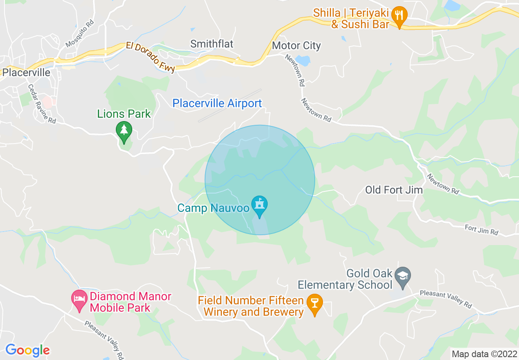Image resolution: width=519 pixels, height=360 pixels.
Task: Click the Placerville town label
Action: [26, 73]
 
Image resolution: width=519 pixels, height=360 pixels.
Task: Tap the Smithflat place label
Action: [212, 44]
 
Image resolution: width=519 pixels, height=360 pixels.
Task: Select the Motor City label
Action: [296, 45]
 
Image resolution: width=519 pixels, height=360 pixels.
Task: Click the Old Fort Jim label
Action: [394, 190]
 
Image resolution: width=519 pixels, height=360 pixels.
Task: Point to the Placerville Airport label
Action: [217, 103]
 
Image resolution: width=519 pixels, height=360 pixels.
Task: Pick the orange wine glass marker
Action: [314, 303]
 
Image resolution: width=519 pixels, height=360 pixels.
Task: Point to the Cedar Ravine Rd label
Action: [42, 104]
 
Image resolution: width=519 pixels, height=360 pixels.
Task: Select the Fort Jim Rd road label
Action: [481, 229]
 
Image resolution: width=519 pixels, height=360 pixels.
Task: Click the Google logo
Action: [27, 350]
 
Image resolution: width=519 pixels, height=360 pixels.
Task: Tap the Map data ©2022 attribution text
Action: [484, 353]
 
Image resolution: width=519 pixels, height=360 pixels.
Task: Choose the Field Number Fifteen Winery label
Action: [251, 306]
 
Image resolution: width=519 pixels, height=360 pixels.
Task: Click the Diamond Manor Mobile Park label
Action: [131, 302]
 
